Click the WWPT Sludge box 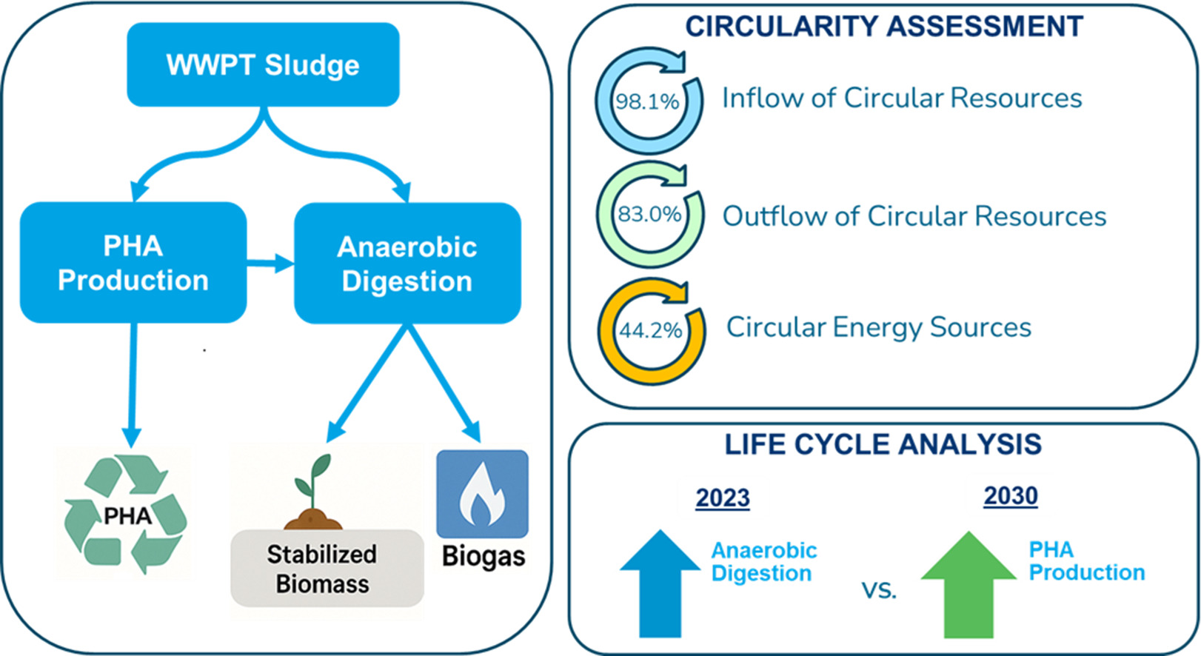pos(263,64)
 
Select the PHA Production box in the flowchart pos(133,263)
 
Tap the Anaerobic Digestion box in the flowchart pos(407,264)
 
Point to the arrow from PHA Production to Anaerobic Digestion pos(270,262)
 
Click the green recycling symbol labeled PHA pos(126,515)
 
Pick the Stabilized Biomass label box pos(326,569)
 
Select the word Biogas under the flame pos(483,556)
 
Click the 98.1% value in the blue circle pos(647,101)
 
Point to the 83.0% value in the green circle pos(649,214)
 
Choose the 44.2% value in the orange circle pos(650,329)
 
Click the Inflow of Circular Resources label pos(902,98)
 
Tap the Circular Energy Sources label pos(878,327)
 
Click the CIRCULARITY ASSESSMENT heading pos(883,27)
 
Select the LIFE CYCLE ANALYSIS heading pos(883,444)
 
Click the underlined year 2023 pos(722,498)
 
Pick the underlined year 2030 pos(1010,495)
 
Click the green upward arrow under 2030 pos(969,585)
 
